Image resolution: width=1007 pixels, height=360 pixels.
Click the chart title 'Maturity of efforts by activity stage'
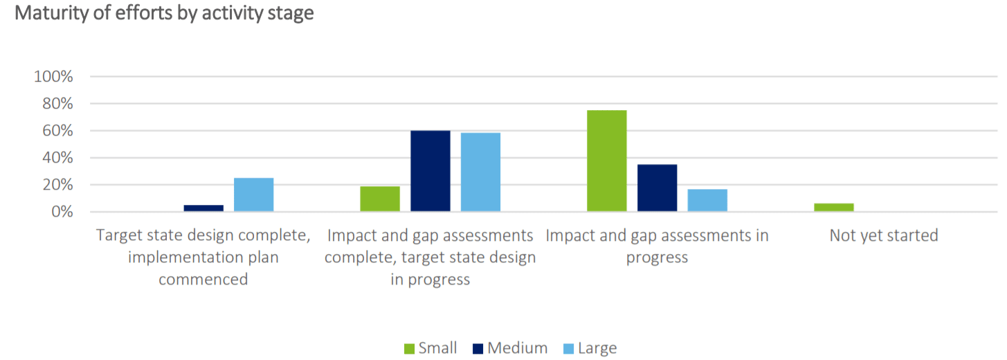coord(164,13)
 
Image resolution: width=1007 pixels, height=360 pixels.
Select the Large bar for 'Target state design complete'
coord(253,195)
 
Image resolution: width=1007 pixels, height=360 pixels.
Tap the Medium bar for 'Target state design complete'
coord(203,208)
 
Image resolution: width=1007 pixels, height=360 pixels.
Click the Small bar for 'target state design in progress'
coord(380,199)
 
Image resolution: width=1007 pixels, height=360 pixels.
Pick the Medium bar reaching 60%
coord(430,171)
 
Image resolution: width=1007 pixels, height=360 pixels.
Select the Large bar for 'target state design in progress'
coord(480,172)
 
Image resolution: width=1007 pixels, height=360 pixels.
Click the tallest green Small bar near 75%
coord(606,161)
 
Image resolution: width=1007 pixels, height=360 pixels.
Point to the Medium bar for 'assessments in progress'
coord(657,188)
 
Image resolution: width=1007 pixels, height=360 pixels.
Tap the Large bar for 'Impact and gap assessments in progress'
coord(707,200)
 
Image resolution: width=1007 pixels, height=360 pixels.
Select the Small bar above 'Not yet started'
coord(834,207)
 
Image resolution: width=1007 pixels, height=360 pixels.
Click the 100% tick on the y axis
coord(53,77)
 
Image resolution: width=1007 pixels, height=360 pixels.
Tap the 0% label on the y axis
coord(61,212)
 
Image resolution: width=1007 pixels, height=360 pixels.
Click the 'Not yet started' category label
coord(884,236)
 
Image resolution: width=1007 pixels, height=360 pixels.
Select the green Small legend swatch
coord(409,348)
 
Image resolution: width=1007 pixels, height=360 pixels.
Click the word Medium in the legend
coord(517,348)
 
